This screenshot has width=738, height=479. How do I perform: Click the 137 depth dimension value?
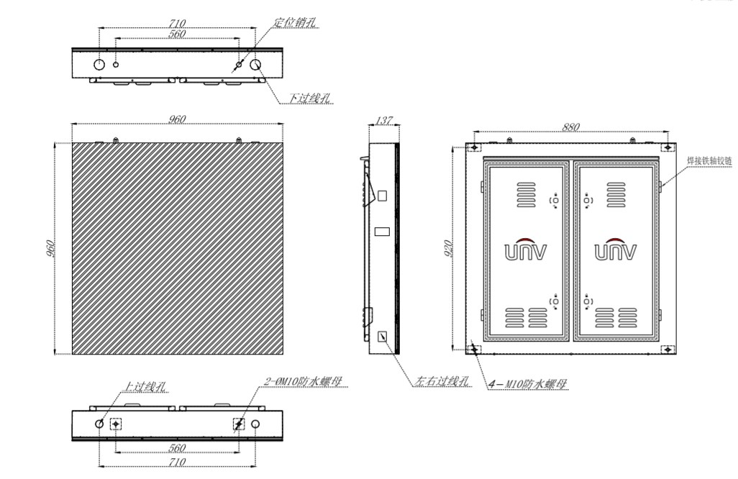click(384, 120)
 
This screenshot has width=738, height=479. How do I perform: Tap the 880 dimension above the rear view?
click(571, 127)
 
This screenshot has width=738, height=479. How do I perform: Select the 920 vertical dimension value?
click(448, 248)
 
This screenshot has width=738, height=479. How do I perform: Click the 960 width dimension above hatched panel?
click(177, 119)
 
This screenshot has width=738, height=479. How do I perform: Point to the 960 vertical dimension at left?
click(50, 248)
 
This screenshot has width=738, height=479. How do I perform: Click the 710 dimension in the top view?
click(177, 22)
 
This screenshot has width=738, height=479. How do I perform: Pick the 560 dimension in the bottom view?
click(177, 447)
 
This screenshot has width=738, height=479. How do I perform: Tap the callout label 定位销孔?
click(295, 22)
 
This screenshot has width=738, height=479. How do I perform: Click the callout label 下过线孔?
click(310, 98)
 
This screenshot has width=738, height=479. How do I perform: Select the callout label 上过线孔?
click(145, 387)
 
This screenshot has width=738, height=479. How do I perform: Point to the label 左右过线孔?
click(442, 380)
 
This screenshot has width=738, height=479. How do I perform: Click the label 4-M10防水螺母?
click(528, 384)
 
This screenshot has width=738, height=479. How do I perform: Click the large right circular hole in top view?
click(255, 65)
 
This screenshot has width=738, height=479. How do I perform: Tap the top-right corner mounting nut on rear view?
click(668, 147)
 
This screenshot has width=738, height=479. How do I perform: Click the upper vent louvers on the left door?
click(527, 194)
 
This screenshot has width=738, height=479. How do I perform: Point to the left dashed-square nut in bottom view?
click(115, 424)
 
